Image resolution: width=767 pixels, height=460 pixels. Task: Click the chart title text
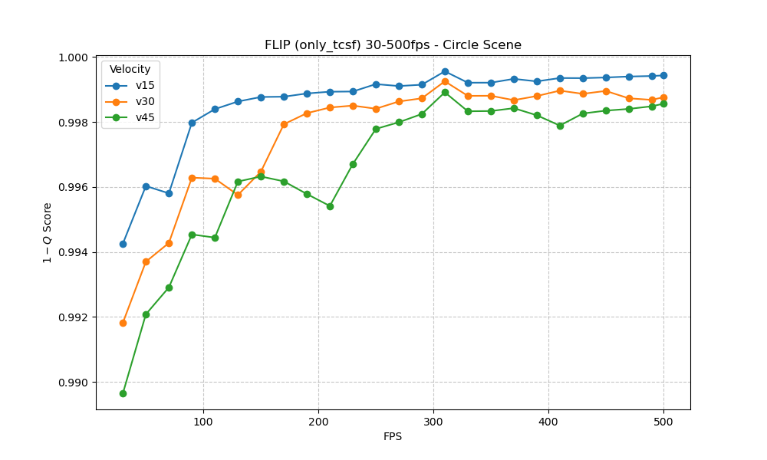pyautogui.click(x=393, y=45)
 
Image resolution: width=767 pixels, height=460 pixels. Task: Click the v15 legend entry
pyautogui.click(x=145, y=85)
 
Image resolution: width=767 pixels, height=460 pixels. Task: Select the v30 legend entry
pyautogui.click(x=145, y=101)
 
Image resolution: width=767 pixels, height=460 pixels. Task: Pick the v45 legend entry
pyautogui.click(x=145, y=117)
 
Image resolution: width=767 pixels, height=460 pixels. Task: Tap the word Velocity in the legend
pyautogui.click(x=130, y=70)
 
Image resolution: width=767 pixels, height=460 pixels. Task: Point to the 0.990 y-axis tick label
pyautogui.click(x=75, y=383)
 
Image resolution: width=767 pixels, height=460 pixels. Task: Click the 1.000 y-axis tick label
pyautogui.click(x=75, y=58)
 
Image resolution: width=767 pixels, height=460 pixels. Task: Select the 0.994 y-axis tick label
pyautogui.click(x=75, y=252)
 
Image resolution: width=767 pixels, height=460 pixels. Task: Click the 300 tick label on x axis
pyautogui.click(x=433, y=422)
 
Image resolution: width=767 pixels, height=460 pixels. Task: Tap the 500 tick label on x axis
pyautogui.click(x=663, y=422)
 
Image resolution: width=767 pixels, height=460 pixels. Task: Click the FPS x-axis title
pyautogui.click(x=393, y=437)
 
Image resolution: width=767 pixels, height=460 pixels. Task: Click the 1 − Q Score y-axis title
pyautogui.click(x=48, y=233)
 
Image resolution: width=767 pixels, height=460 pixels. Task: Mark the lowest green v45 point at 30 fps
pyautogui.click(x=123, y=393)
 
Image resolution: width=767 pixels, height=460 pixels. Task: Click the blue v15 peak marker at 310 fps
pyautogui.click(x=445, y=71)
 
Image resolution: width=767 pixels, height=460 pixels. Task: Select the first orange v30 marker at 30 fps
pyautogui.click(x=123, y=323)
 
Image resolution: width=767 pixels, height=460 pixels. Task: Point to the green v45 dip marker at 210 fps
pyautogui.click(x=330, y=206)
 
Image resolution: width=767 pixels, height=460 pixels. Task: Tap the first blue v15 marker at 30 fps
pyautogui.click(x=123, y=244)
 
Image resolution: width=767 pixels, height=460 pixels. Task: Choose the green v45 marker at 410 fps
pyautogui.click(x=560, y=126)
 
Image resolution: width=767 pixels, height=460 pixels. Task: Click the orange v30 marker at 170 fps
pyautogui.click(x=284, y=124)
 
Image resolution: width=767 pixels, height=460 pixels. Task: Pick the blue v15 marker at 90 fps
pyautogui.click(x=192, y=123)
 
